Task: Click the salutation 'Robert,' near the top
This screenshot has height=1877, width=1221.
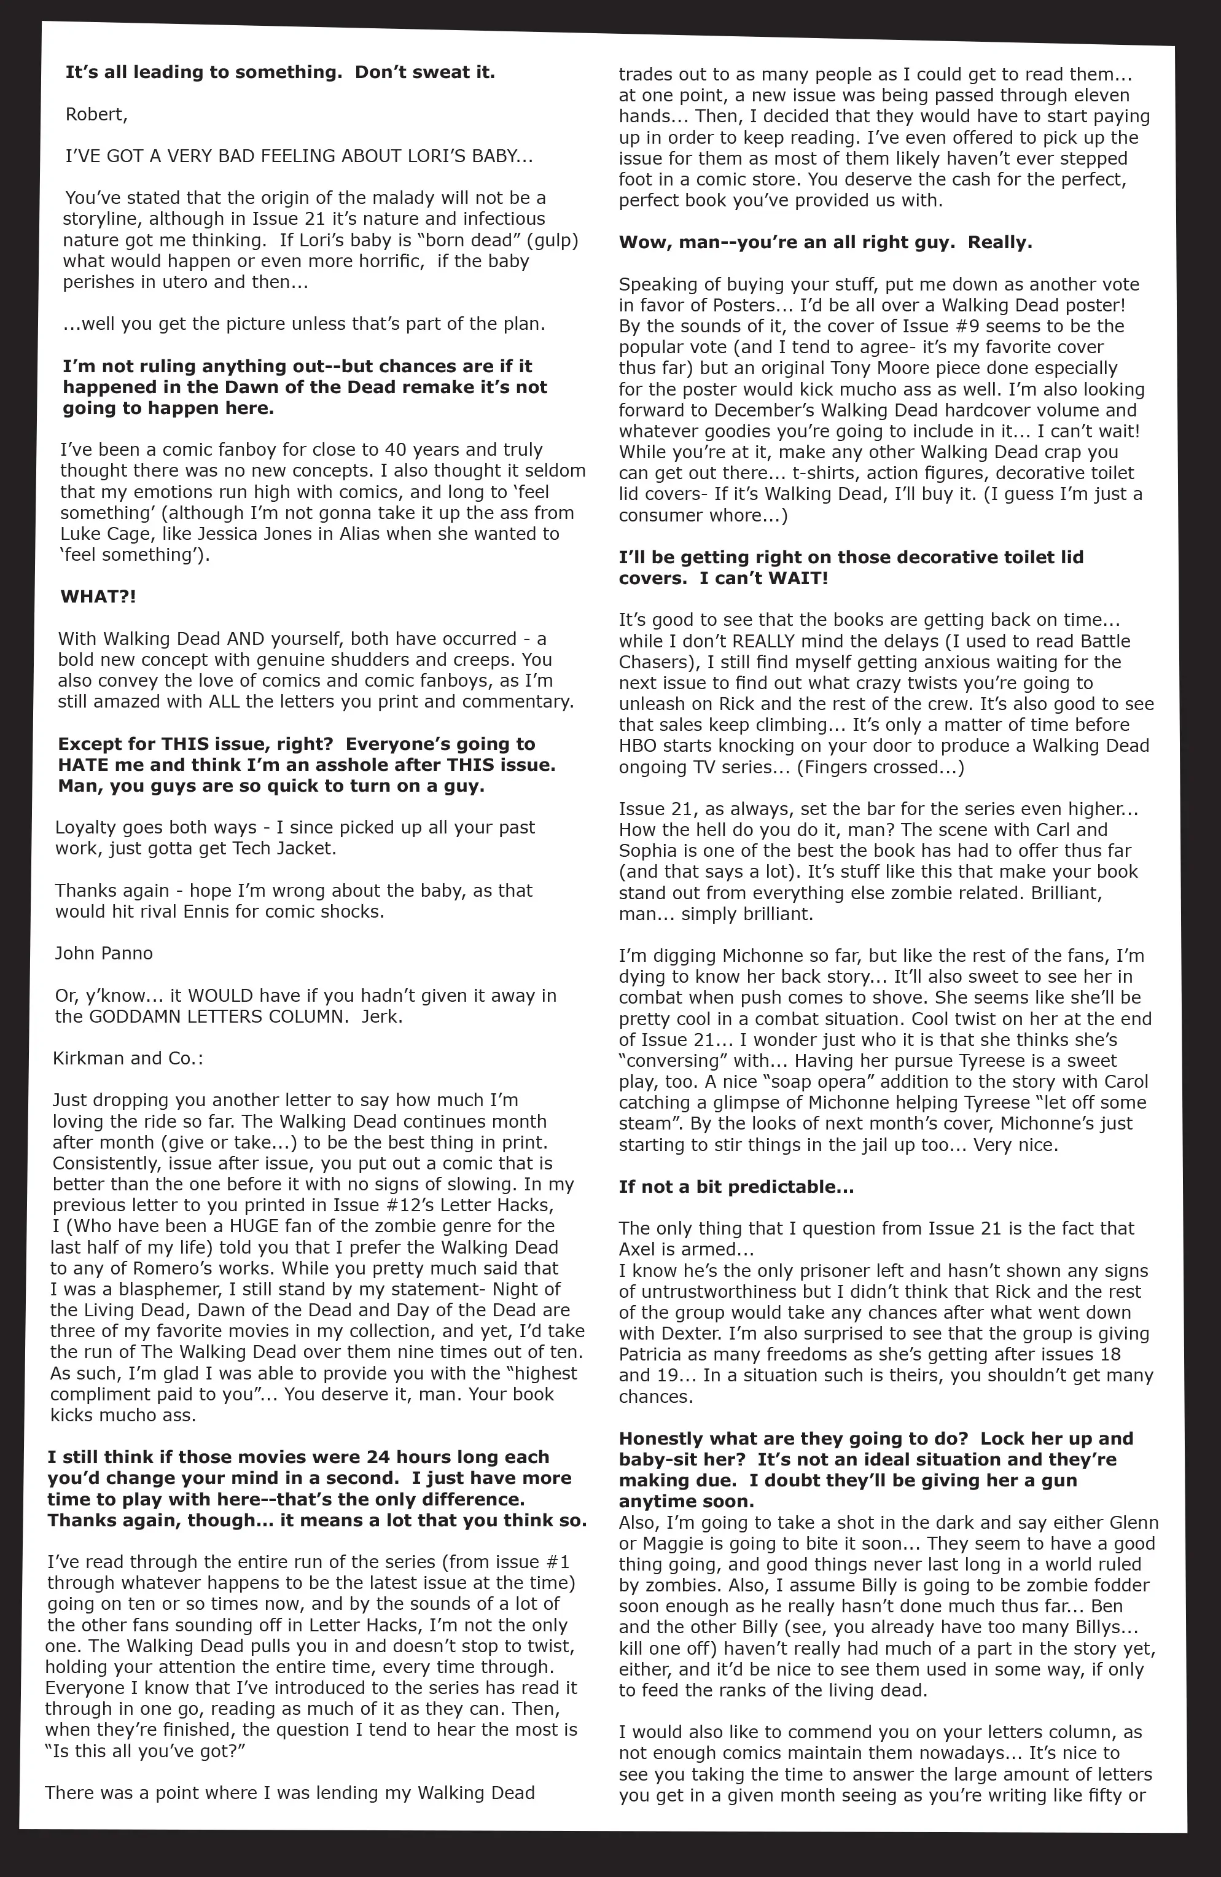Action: click(95, 114)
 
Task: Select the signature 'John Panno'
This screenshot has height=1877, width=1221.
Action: click(103, 953)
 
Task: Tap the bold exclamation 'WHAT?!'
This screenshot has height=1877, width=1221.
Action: click(98, 596)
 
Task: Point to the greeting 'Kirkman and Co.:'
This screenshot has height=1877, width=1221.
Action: click(128, 1058)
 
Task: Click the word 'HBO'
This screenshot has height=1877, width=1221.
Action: click(638, 746)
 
